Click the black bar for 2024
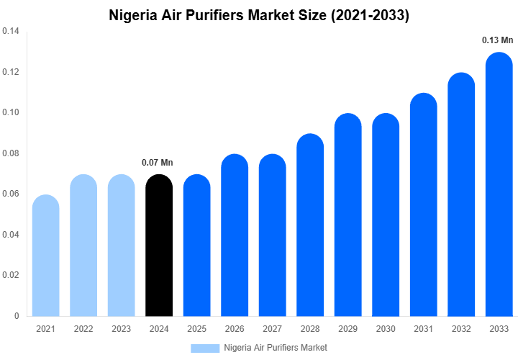click(x=159, y=248)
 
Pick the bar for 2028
click(x=311, y=227)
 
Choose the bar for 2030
click(x=386, y=216)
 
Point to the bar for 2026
click(x=235, y=238)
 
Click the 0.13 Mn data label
click(x=497, y=40)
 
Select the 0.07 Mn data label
click(x=158, y=163)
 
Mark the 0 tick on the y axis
click(x=17, y=316)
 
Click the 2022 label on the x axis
click(x=83, y=329)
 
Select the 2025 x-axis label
click(x=197, y=329)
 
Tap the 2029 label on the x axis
click(x=348, y=329)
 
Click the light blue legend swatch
click(x=205, y=348)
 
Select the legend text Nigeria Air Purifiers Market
click(x=276, y=348)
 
